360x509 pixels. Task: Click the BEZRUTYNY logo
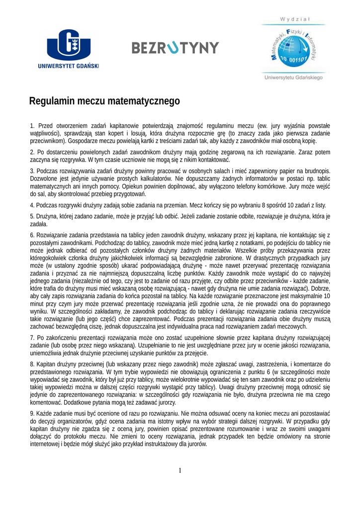point(175,48)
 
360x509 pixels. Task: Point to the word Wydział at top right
point(295,19)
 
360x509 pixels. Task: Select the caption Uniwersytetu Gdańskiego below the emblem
point(293,77)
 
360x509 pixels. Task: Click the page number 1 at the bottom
point(180,470)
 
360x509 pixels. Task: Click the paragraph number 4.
point(32,205)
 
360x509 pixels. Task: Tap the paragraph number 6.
point(32,235)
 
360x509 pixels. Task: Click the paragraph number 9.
point(32,414)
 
